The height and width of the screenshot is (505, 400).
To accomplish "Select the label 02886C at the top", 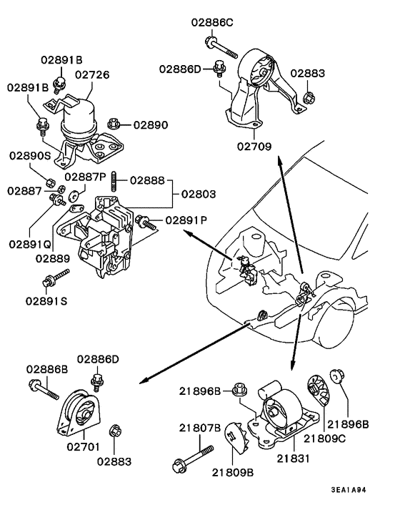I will click(x=211, y=23).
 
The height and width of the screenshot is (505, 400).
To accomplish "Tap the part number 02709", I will click(x=254, y=149).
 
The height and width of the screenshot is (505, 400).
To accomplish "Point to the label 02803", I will click(x=199, y=193).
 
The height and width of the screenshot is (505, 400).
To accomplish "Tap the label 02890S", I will click(x=29, y=155).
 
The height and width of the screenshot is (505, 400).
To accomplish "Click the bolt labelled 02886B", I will click(x=46, y=390).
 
